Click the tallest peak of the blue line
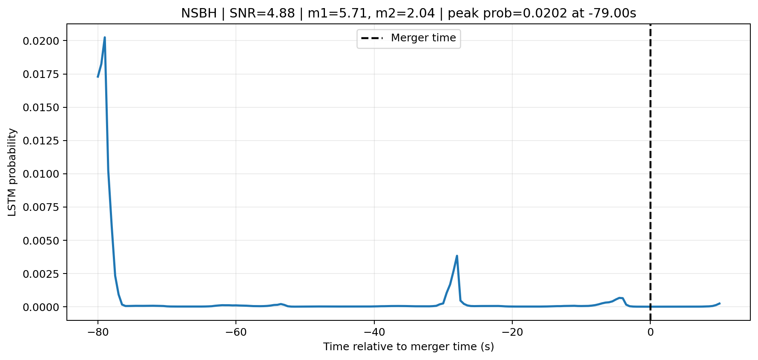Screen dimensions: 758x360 (x=105, y=37)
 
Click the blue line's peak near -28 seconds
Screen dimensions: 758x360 (x=457, y=256)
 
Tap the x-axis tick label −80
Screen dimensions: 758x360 (x=98, y=332)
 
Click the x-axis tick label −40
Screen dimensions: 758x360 (x=374, y=332)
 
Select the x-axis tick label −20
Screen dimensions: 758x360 (x=512, y=332)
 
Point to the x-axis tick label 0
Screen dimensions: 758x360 (x=650, y=332)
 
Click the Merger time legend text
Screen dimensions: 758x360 (x=423, y=38)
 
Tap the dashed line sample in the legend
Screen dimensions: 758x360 (x=372, y=38)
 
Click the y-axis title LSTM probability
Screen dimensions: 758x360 (x=12, y=172)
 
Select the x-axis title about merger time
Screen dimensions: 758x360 (x=408, y=347)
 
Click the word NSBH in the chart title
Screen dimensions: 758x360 (x=199, y=13)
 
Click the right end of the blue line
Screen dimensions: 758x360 (x=719, y=303)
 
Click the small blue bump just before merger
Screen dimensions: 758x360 (x=620, y=298)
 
